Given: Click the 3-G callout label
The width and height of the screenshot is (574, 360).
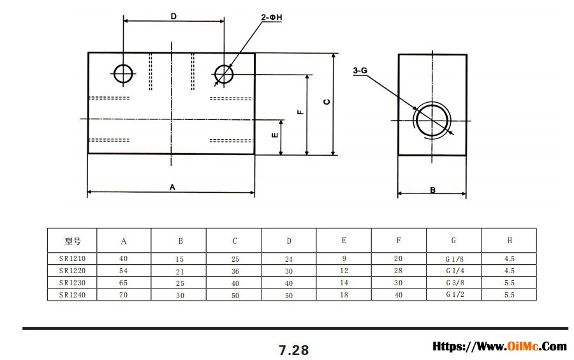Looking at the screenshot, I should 360,71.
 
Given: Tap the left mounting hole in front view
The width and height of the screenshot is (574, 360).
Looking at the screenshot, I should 123,73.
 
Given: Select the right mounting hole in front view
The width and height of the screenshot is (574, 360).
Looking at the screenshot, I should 224,74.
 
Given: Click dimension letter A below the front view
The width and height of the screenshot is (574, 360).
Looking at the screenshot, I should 172,187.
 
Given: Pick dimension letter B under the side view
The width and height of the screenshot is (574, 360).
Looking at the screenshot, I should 432,190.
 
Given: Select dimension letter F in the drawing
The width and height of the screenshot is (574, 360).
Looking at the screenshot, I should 300,112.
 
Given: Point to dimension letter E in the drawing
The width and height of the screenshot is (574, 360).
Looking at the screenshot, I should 274,135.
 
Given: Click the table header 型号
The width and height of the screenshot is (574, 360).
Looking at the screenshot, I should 72,241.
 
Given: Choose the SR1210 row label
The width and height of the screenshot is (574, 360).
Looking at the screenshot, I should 72,259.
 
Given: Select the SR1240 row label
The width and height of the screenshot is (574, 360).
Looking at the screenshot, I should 72,295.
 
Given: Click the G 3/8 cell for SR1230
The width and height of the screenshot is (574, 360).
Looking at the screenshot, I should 453,283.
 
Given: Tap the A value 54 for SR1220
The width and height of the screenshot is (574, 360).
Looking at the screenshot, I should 124,271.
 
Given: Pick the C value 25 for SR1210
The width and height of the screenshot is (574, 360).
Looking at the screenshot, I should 235,259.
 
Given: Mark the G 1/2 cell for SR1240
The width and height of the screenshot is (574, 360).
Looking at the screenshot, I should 453,295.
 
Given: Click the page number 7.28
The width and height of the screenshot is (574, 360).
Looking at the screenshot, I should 293,350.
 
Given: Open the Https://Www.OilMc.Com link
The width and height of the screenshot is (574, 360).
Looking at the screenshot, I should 499,347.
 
